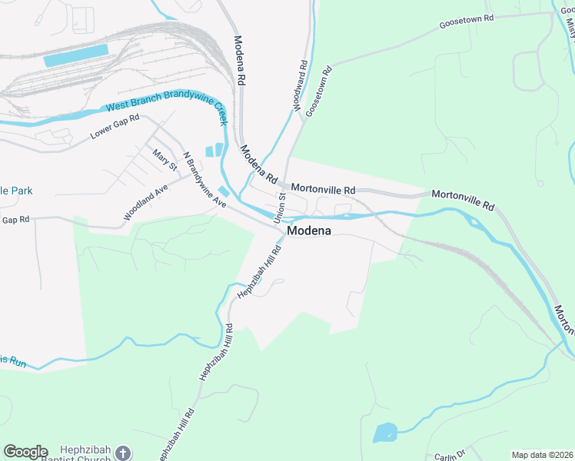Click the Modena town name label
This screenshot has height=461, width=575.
[x=309, y=230]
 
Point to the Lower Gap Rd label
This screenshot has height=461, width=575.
[x=115, y=127]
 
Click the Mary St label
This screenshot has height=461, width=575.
[x=165, y=160]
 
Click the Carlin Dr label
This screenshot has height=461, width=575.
[x=450, y=456]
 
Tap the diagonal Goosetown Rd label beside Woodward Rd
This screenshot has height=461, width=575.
[x=318, y=91]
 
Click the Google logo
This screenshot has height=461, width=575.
[x=25, y=452]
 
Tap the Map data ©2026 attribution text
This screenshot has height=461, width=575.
[x=542, y=455]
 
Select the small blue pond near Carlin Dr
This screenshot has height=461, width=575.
[x=384, y=432]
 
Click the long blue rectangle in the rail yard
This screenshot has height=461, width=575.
[x=76, y=56]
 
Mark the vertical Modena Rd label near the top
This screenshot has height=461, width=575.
[x=240, y=60]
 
